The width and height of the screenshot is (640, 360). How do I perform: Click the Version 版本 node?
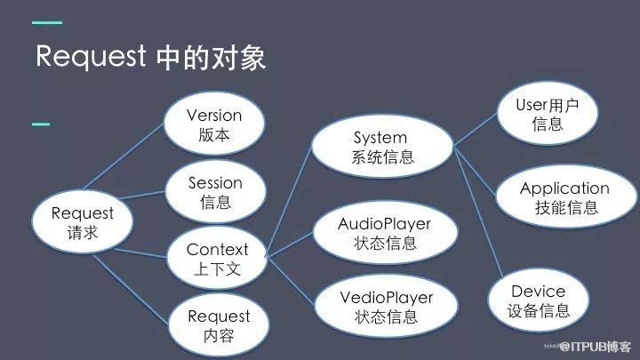click(x=214, y=126)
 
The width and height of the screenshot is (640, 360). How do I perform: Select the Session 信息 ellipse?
click(x=215, y=192)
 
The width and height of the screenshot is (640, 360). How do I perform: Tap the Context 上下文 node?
click(x=217, y=258)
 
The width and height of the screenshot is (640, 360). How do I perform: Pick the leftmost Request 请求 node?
click(x=83, y=222)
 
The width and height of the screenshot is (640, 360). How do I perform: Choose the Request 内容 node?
click(x=219, y=325)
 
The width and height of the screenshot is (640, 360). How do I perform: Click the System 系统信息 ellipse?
click(x=380, y=148)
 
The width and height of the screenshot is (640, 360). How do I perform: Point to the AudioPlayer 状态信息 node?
click(x=385, y=232)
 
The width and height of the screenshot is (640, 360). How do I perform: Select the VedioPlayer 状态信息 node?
click(x=386, y=305)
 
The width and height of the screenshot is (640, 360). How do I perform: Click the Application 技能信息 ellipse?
click(x=564, y=197)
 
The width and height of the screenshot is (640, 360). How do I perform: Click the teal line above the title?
click(x=47, y=22)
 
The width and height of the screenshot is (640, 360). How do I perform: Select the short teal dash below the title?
click(x=41, y=124)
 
